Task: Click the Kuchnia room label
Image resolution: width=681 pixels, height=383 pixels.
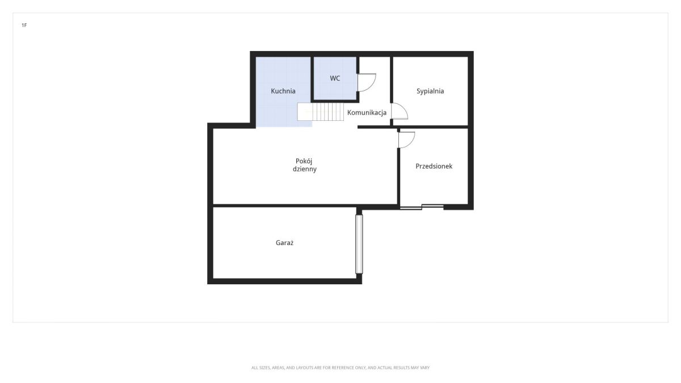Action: [283, 91]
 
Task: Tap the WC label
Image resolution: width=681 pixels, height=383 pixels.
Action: [335, 78]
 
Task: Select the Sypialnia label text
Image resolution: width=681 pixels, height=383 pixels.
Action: [430, 91]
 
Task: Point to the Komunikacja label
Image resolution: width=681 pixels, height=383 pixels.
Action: [367, 112]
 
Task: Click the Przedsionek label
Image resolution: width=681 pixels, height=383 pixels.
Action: [434, 166]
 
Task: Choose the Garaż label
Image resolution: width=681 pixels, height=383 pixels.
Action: [284, 243]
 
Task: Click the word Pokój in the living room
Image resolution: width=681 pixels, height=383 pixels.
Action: [304, 161]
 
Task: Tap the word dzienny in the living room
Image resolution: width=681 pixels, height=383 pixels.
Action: [305, 169]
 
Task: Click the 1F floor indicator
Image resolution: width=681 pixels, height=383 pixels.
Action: [24, 25]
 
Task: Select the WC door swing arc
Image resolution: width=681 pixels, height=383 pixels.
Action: [373, 86]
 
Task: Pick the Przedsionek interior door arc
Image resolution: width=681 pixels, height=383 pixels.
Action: [411, 142]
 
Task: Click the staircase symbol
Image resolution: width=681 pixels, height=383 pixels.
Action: [321, 112]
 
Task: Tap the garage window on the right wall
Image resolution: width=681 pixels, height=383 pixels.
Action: [359, 244]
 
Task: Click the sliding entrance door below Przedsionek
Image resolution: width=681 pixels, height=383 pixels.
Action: [422, 207]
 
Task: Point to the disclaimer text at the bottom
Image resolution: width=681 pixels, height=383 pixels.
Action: [340, 368]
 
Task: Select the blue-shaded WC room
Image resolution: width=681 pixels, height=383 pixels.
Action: [335, 78]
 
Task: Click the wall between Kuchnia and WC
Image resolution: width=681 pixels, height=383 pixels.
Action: [312, 79]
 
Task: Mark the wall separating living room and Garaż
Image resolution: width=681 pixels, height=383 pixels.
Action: [285, 206]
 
